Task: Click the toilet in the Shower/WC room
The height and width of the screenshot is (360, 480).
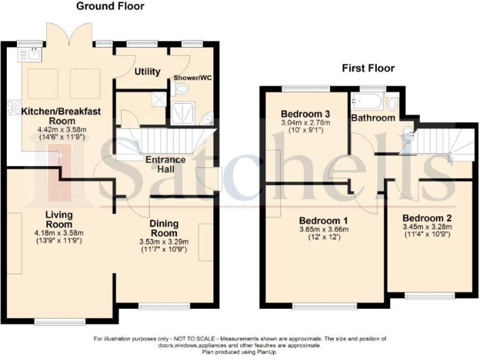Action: tap(181, 89)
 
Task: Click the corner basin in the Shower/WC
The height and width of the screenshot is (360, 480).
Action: tap(207, 119)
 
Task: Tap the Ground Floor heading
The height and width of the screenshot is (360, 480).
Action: tap(110, 6)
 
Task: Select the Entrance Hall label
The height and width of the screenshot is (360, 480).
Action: tap(166, 164)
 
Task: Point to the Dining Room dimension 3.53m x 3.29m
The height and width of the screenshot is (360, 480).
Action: tap(164, 241)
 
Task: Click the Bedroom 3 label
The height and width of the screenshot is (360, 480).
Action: tap(305, 114)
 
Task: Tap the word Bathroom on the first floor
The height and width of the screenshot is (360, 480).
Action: tap(372, 117)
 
